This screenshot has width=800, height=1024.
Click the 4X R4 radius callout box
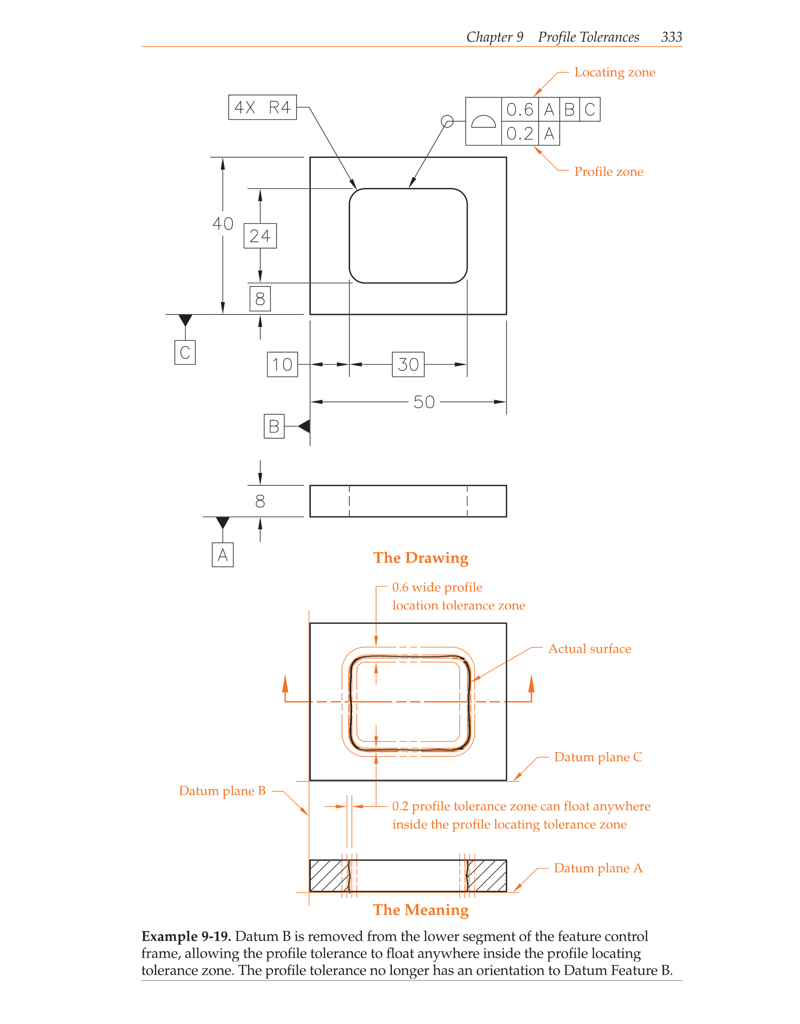coord(262,107)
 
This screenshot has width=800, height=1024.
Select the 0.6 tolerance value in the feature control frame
coord(520,110)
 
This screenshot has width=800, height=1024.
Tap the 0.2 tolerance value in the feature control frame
coord(520,134)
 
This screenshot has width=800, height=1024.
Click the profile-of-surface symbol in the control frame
coord(483,122)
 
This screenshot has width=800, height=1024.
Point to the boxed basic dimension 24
coord(260,236)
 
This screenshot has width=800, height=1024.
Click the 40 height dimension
coord(222,224)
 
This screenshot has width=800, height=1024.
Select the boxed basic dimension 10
coord(282,364)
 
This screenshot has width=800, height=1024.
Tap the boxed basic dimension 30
coord(408,364)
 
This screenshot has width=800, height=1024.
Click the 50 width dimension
coord(424,402)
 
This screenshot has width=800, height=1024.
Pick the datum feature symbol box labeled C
coord(185,352)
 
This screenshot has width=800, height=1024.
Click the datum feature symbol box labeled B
coord(274,426)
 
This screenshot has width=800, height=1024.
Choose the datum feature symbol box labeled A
coord(222,555)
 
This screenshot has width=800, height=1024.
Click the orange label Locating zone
coord(614,72)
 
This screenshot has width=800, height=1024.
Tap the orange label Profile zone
coord(609,172)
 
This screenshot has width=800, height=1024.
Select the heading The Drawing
coord(420,558)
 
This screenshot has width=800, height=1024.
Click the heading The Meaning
coord(420,910)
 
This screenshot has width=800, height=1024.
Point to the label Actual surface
coord(590,649)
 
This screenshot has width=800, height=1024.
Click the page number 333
coord(671,37)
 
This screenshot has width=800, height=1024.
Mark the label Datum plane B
coord(222,791)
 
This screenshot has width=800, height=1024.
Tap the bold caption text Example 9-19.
coord(186,937)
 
